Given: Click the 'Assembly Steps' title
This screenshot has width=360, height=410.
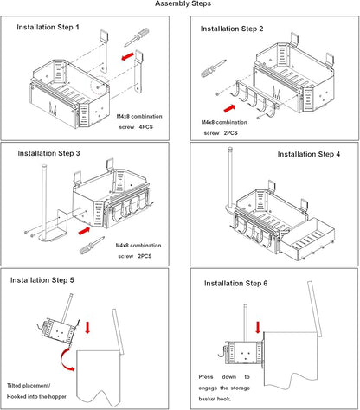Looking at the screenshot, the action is (183, 3).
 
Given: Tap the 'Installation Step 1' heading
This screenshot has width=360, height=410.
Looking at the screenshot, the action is (48, 27).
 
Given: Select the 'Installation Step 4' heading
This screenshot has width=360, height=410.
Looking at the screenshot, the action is (309, 154).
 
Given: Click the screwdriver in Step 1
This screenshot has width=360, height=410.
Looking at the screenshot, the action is (137, 37).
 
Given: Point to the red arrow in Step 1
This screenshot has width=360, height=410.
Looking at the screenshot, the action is (127, 56).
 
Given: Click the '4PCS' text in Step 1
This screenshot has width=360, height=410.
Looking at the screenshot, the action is (146, 127).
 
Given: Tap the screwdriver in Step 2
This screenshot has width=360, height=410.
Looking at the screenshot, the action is (214, 68).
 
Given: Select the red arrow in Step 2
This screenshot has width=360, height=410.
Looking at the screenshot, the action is (229, 108).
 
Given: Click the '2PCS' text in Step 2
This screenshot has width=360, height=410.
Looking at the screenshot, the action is (231, 133).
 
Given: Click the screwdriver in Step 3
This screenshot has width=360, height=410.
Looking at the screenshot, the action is (92, 246).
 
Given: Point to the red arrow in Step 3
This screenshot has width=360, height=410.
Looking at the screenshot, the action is (84, 231).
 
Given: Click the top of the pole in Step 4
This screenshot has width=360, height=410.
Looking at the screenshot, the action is (230, 149).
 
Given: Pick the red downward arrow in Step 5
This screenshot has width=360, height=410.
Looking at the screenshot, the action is (87, 328).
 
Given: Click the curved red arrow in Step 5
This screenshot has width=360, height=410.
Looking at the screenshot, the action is (64, 361).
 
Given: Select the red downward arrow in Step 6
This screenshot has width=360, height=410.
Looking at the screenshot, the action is (258, 328).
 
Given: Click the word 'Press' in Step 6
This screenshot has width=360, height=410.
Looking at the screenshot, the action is (206, 377).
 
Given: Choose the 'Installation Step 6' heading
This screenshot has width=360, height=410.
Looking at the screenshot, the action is (236, 284).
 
